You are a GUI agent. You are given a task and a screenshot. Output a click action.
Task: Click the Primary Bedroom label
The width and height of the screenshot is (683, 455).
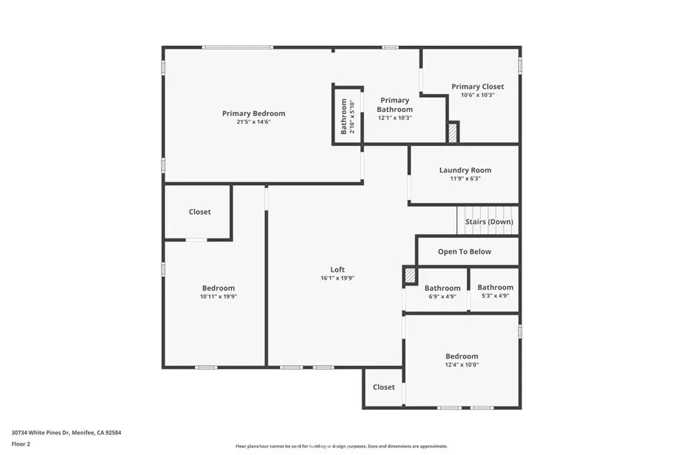point(253,113)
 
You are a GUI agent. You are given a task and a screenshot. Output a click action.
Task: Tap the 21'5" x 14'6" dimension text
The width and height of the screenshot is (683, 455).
point(253,122)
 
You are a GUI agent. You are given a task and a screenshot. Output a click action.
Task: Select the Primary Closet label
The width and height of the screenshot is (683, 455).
point(478,87)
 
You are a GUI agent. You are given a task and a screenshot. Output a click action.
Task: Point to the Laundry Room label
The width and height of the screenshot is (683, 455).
point(465,170)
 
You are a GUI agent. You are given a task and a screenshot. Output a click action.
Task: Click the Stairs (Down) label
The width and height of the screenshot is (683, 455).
point(489,222)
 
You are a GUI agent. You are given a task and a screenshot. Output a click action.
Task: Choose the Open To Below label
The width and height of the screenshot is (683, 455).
point(464,251)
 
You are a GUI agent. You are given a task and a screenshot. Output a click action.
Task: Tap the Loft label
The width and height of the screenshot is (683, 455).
point(337,270)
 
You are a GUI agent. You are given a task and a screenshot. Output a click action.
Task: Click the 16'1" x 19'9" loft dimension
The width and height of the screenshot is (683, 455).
point(337,278)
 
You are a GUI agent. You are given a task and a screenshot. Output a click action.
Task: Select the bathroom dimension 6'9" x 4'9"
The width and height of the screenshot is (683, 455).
point(442,296)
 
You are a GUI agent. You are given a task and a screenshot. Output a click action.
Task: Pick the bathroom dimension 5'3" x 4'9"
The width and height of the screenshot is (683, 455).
point(496,296)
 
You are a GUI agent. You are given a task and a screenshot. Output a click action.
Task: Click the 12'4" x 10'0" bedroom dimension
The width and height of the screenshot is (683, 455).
point(462,365)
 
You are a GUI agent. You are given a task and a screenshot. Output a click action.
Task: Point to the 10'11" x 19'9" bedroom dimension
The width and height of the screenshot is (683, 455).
point(218,296)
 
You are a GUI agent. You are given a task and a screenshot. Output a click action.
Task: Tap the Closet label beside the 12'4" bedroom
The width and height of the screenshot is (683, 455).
point(384,387)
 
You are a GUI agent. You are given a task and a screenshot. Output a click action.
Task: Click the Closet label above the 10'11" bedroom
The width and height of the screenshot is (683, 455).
point(199,212)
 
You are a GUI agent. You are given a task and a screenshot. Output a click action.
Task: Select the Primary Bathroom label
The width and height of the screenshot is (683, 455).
point(395,105)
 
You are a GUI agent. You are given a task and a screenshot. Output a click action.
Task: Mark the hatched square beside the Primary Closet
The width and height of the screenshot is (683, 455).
point(453,133)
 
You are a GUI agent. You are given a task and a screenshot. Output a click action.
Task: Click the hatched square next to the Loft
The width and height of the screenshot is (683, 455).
point(410,276)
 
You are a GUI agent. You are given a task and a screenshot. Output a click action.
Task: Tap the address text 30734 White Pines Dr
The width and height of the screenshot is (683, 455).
point(41,433)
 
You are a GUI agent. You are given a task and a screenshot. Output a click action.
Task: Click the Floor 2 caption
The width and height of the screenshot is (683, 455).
point(21,444)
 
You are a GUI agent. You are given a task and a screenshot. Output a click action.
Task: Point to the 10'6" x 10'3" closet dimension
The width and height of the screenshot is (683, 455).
point(478,95)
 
